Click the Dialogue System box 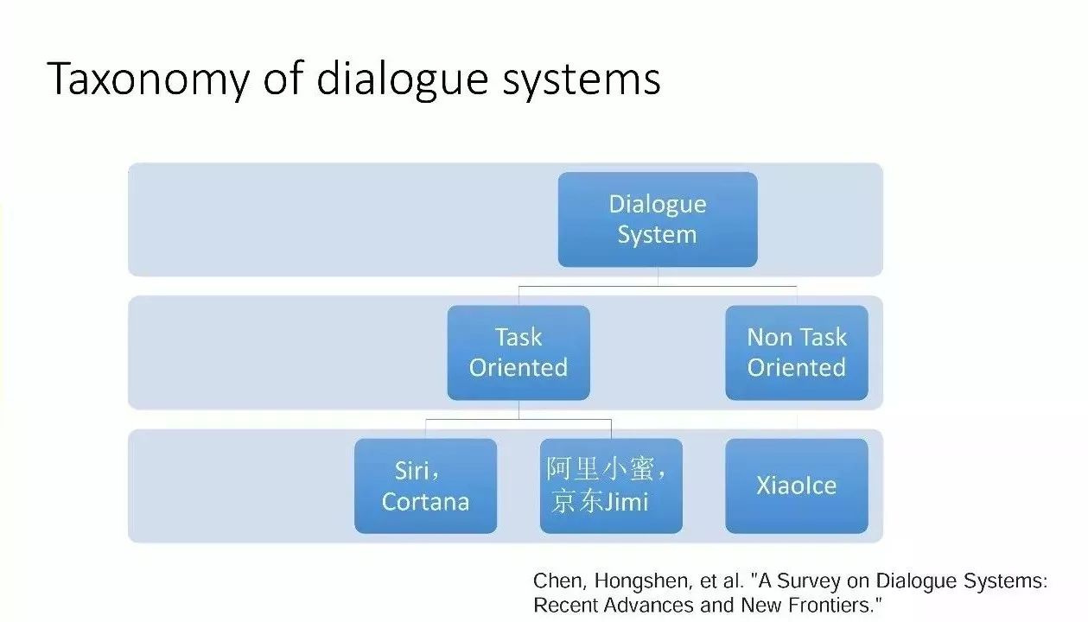click(x=657, y=219)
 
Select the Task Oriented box click(x=519, y=352)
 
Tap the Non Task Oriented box click(x=796, y=352)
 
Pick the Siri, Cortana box click(x=425, y=486)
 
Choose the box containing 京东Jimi click(x=611, y=486)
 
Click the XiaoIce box click(x=796, y=486)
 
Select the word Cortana click(x=425, y=502)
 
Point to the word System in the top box click(x=657, y=235)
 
